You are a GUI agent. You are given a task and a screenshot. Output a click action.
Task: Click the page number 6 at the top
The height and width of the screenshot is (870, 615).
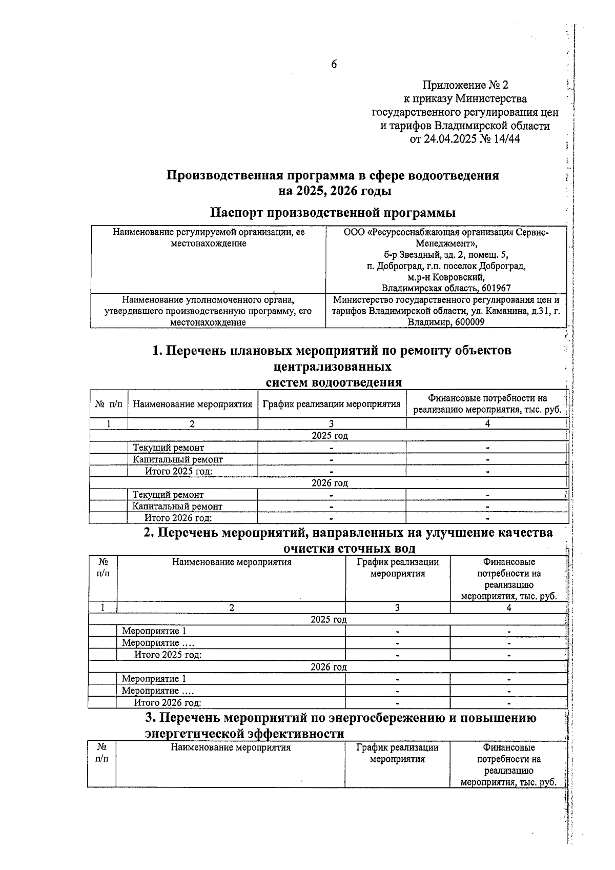[x=334, y=64]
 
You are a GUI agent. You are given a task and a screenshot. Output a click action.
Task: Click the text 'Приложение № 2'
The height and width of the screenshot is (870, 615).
[x=465, y=85]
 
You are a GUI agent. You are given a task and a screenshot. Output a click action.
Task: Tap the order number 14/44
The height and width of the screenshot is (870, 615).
[x=507, y=139]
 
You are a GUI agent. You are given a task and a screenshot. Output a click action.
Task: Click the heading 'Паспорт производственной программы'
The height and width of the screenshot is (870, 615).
[x=333, y=212]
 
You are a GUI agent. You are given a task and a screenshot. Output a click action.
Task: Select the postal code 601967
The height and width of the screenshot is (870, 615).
[x=496, y=289]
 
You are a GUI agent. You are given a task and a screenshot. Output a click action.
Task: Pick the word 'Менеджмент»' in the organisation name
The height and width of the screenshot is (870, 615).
[x=446, y=244]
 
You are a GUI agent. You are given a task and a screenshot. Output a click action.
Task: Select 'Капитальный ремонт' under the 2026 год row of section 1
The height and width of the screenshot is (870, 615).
[x=177, y=507]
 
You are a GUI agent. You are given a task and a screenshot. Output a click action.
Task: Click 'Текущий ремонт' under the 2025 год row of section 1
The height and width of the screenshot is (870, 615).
[x=168, y=448]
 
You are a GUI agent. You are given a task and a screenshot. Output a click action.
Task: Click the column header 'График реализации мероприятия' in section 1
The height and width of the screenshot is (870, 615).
[x=331, y=404]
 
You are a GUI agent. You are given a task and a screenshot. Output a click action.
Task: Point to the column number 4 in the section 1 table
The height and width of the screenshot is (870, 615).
[x=487, y=423]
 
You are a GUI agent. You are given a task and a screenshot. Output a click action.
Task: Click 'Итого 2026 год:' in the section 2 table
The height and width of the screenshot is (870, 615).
[x=167, y=703]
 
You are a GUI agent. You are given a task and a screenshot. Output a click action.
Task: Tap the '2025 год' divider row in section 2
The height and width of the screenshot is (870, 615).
[x=329, y=619]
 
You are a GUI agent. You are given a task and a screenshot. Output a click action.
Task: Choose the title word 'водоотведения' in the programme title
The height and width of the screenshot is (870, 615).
[x=453, y=176]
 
